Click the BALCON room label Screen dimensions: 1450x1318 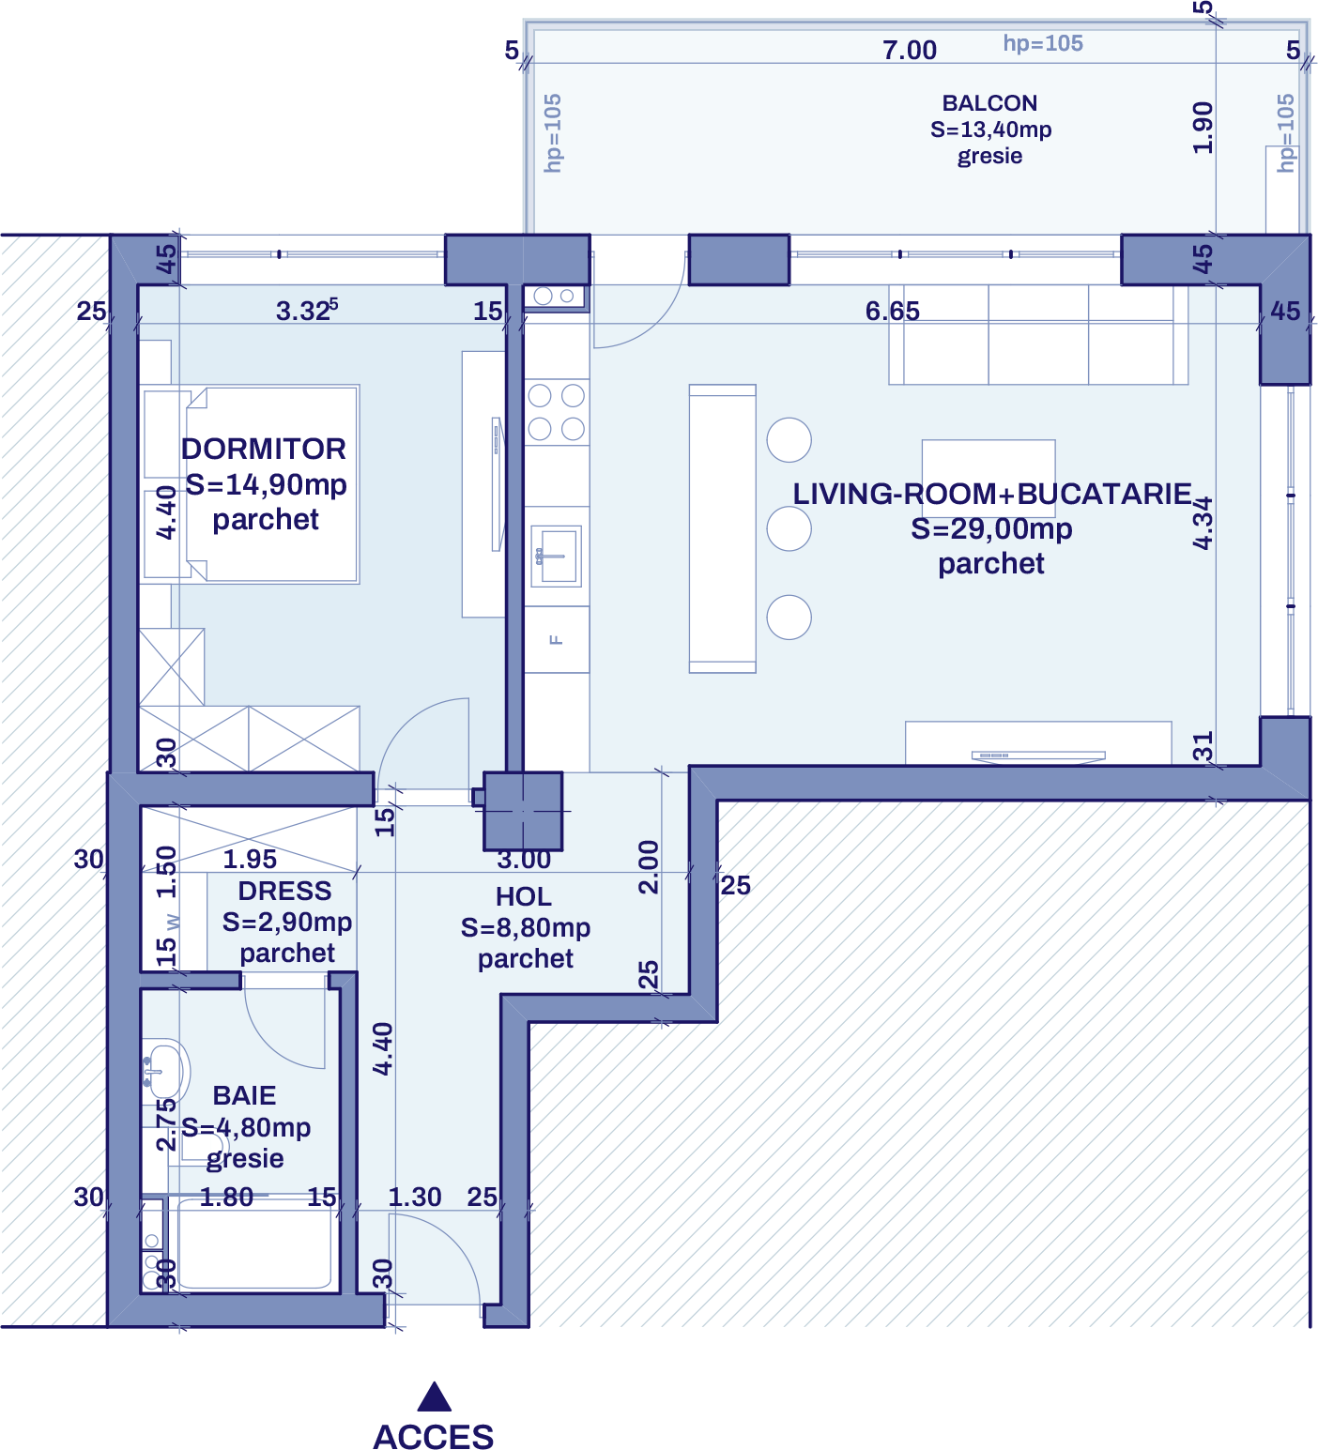989,103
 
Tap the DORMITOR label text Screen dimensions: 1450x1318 264,449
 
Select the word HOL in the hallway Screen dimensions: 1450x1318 524,896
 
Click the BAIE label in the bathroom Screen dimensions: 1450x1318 244,1095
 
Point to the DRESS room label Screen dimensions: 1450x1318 284,891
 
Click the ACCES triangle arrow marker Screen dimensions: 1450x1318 434,1397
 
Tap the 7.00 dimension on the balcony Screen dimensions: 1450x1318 910,50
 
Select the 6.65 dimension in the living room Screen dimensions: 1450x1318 892,311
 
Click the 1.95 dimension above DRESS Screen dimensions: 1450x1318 250,859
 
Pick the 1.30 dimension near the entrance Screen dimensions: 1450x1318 415,1197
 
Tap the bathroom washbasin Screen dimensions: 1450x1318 165,1070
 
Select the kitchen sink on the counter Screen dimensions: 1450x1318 557,555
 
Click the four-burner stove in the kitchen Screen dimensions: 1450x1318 557,412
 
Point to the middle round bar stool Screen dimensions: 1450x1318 789,529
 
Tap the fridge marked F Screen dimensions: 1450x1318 557,639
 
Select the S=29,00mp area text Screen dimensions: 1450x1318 991,529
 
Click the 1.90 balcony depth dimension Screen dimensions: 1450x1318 1203,128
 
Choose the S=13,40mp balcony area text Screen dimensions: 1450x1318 990,130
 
